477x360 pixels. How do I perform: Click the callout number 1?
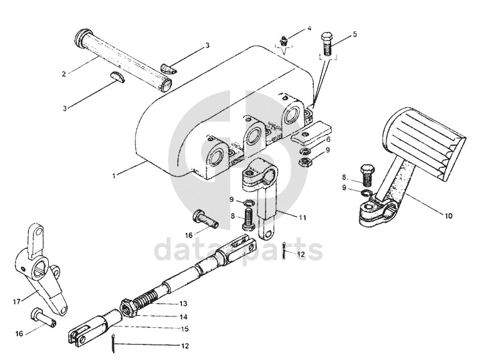(x=114, y=175)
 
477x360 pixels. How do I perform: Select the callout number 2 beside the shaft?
(x=64, y=74)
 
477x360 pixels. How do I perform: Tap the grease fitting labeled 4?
(x=284, y=41)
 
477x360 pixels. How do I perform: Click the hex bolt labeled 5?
(x=327, y=43)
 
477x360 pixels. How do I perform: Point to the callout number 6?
(x=328, y=140)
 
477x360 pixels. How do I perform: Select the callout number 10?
(x=448, y=216)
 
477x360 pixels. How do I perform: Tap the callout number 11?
(x=302, y=218)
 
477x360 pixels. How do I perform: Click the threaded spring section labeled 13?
(x=147, y=298)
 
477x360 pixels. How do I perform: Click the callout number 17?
(x=17, y=302)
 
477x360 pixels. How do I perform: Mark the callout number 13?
(x=183, y=303)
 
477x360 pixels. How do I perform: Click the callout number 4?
(x=309, y=29)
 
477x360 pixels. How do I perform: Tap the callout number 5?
(x=355, y=34)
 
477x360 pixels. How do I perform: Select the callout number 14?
(x=183, y=317)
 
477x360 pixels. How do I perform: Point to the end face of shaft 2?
(x=166, y=85)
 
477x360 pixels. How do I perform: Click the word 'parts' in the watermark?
(x=284, y=250)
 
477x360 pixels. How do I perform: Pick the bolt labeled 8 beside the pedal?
(x=367, y=175)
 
